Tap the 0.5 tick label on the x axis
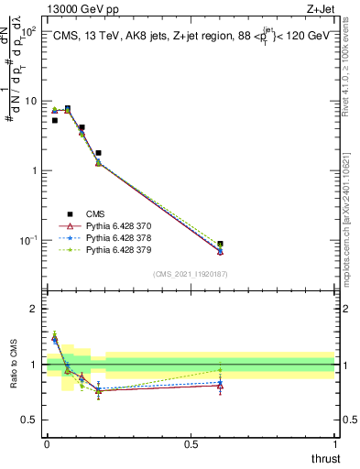[191, 444]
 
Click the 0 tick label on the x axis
[47, 444]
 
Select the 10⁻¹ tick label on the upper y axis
[27, 240]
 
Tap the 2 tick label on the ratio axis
[35, 309]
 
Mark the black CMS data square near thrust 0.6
[220, 245]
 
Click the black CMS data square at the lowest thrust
[55, 120]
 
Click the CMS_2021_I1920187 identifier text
[191, 274]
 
